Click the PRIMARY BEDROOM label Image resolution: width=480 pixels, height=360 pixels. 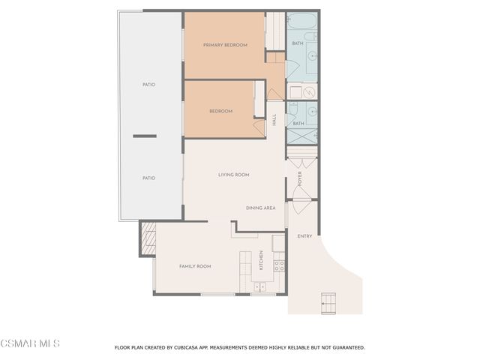pos(225,45)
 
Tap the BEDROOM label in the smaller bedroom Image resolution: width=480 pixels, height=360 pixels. pos(220,111)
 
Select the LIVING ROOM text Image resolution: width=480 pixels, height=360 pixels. pos(233,175)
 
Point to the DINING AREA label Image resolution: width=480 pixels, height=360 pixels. pos(260,208)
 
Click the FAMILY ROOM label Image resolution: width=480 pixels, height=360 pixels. pos(194,266)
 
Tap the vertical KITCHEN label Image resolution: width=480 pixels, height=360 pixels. pos(261,260)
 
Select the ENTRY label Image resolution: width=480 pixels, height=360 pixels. pos(304,236)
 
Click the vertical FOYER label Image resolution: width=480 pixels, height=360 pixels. pos(300,178)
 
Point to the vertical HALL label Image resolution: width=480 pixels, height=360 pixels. pos(274,119)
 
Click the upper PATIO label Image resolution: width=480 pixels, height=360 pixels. pos(148,85)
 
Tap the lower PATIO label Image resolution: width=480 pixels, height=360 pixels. pos(148,178)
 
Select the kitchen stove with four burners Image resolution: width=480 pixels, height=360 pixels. pos(278,265)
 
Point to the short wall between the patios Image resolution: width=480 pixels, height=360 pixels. pos(145,136)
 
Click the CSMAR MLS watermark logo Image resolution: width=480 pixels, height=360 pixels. pos(30,343)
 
